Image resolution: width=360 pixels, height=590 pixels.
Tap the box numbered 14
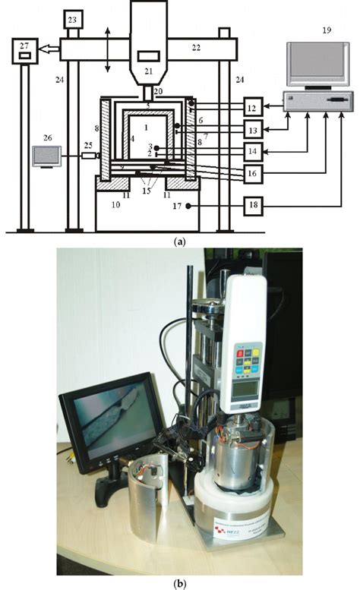[x=256, y=151]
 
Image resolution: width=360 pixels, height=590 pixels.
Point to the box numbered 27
[x=25, y=52]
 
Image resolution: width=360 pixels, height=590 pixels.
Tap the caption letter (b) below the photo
[x=179, y=583]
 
